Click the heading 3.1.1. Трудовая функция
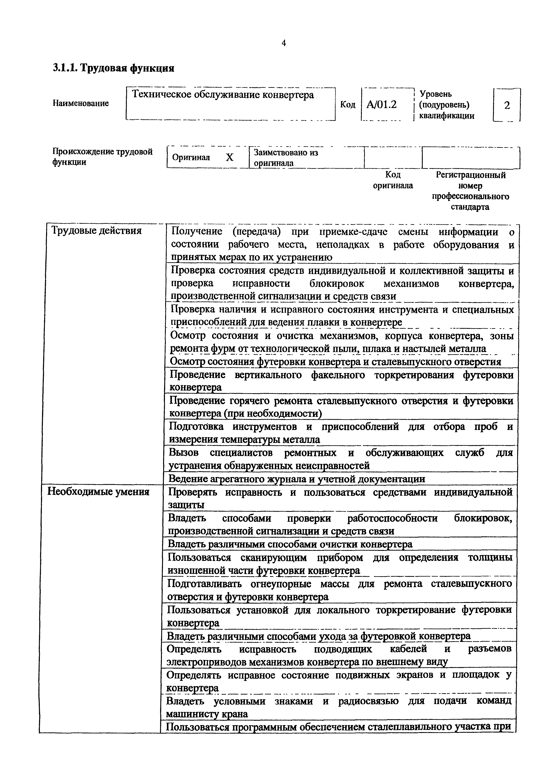tap(113, 68)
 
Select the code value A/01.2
tap(381, 105)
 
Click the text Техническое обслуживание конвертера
tap(223, 95)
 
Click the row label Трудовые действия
tap(96, 231)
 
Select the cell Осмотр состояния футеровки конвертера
tap(335, 362)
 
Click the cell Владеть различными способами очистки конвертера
tap(290, 544)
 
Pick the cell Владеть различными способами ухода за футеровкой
tap(318, 636)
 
